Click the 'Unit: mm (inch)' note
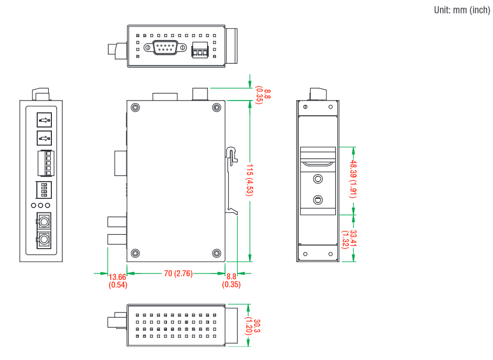tap(462, 10)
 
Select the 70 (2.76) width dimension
tap(178, 274)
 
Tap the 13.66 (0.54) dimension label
tap(117, 280)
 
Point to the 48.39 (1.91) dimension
tap(353, 179)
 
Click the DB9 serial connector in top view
tap(165, 48)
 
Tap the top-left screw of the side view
tap(136, 107)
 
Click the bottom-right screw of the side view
tap(217, 253)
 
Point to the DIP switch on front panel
tap(44, 190)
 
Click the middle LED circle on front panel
tap(41, 206)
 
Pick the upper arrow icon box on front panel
tap(44, 119)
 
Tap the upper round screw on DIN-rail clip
tap(318, 179)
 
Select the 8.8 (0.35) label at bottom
tap(232, 280)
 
